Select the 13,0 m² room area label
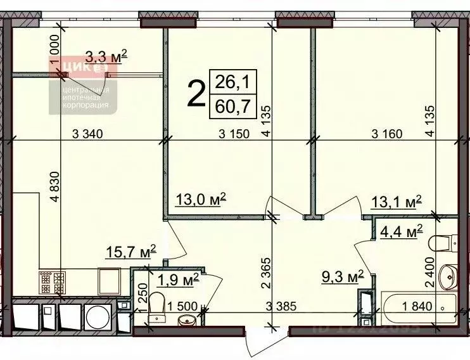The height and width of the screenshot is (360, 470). click(201, 202)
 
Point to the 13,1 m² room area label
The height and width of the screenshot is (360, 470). click(396, 202)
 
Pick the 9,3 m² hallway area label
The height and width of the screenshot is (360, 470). click(343, 276)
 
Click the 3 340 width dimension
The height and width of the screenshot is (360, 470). click(88, 134)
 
